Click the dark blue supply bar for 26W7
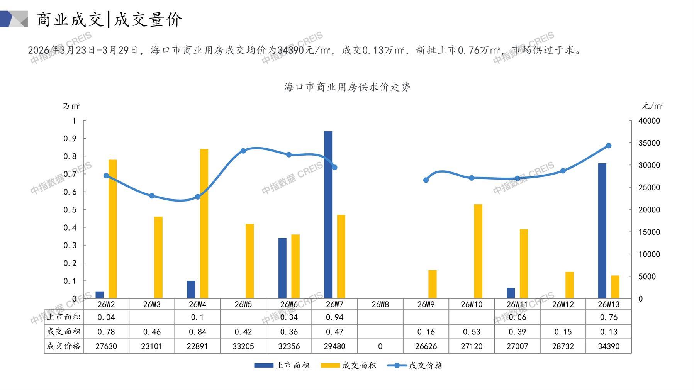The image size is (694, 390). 328,215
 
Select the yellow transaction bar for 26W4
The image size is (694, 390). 204,224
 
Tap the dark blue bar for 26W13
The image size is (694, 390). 602,231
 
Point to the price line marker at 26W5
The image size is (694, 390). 243,151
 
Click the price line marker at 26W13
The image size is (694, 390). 609,146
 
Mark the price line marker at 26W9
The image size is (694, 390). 426,180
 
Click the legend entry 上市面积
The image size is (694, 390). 282,365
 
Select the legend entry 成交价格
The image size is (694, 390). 415,365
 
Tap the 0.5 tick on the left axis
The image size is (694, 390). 70,210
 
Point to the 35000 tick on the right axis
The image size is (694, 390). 649,143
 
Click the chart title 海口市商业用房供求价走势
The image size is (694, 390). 347,87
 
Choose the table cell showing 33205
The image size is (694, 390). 243,346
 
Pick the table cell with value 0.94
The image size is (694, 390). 334,317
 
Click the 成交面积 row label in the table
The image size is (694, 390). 64,332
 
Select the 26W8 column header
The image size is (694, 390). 380,304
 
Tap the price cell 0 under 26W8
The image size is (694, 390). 380,346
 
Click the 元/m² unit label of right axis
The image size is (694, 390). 652,106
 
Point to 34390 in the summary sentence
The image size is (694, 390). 291,50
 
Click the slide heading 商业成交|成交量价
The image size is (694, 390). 109,19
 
